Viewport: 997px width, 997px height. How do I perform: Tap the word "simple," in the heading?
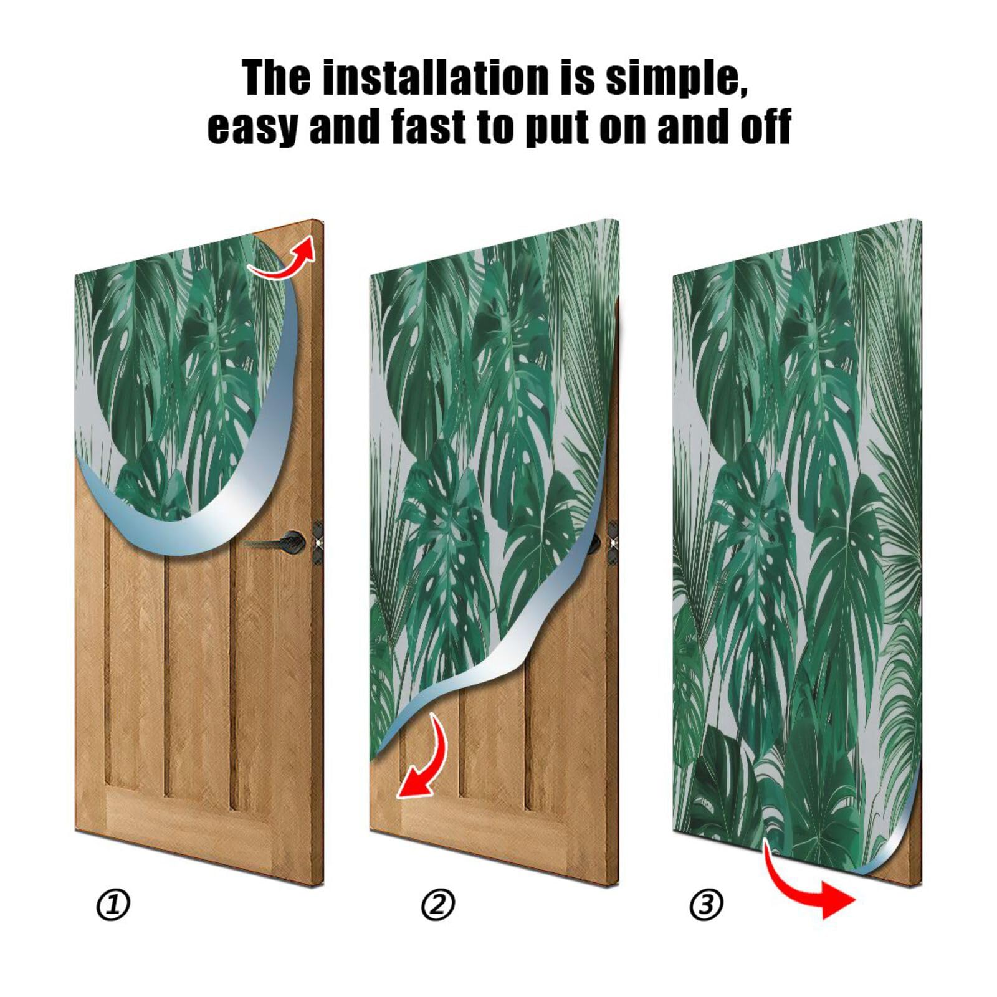[x=676, y=79]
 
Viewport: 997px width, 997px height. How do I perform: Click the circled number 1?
[x=113, y=905]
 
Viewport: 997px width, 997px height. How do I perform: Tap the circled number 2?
[x=438, y=905]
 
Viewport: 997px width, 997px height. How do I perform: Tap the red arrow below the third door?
[x=810, y=888]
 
